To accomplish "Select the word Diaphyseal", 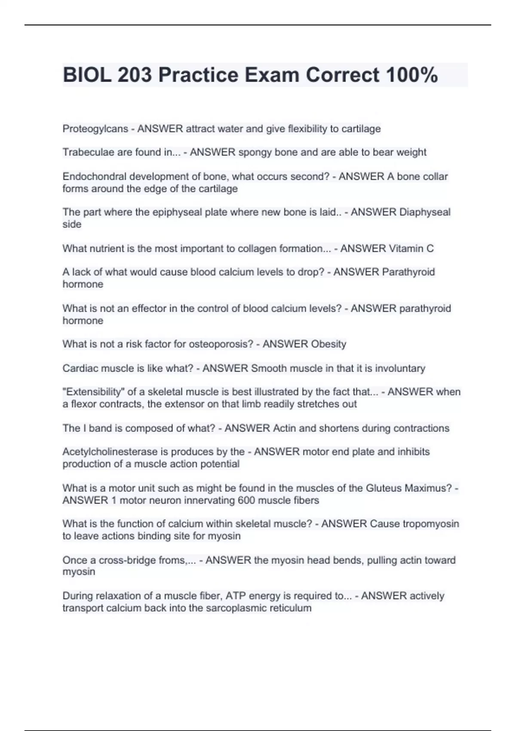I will click(x=425, y=212).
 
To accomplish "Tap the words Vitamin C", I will click(x=411, y=249).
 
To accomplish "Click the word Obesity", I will click(x=329, y=344).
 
